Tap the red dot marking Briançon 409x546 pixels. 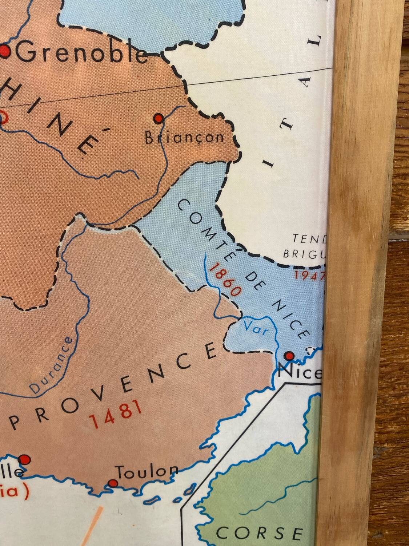[158, 118]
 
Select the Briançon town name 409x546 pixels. [184, 138]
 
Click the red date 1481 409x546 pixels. [115, 414]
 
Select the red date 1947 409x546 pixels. [309, 275]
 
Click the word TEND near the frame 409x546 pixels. [310, 238]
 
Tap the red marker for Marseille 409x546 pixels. [24, 460]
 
